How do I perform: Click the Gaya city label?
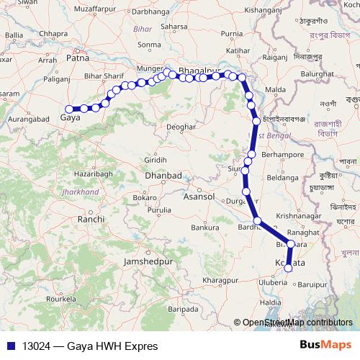coord(71,117)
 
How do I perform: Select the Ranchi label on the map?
coord(91,218)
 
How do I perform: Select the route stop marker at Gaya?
coord(69,109)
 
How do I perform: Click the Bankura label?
coord(204,228)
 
